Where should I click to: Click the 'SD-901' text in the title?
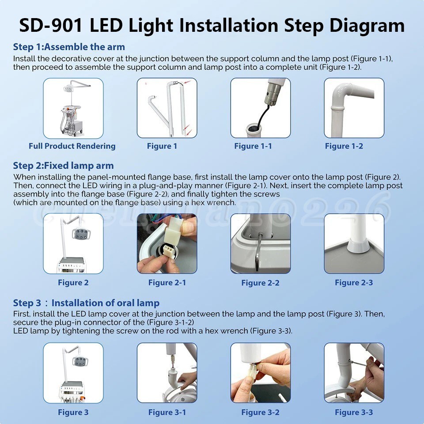50,25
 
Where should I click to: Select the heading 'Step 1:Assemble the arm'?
69,47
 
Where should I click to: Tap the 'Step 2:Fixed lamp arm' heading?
63,166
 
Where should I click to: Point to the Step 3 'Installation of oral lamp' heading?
106,303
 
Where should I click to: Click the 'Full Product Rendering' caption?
72,146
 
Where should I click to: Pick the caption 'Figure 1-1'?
253,146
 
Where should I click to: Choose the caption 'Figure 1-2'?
344,146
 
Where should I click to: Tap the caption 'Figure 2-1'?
167,283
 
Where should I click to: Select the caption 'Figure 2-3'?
354,283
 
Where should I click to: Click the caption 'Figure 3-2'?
261,413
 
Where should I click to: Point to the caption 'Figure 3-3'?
354,413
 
